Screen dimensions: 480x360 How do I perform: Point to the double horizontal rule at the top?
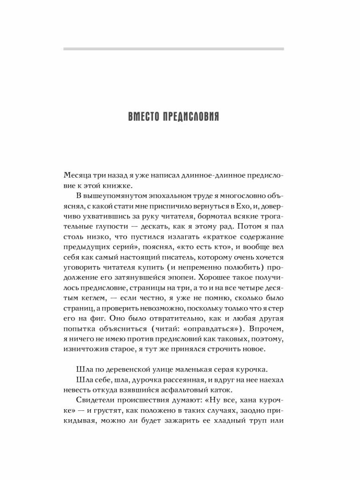[x=174, y=49]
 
